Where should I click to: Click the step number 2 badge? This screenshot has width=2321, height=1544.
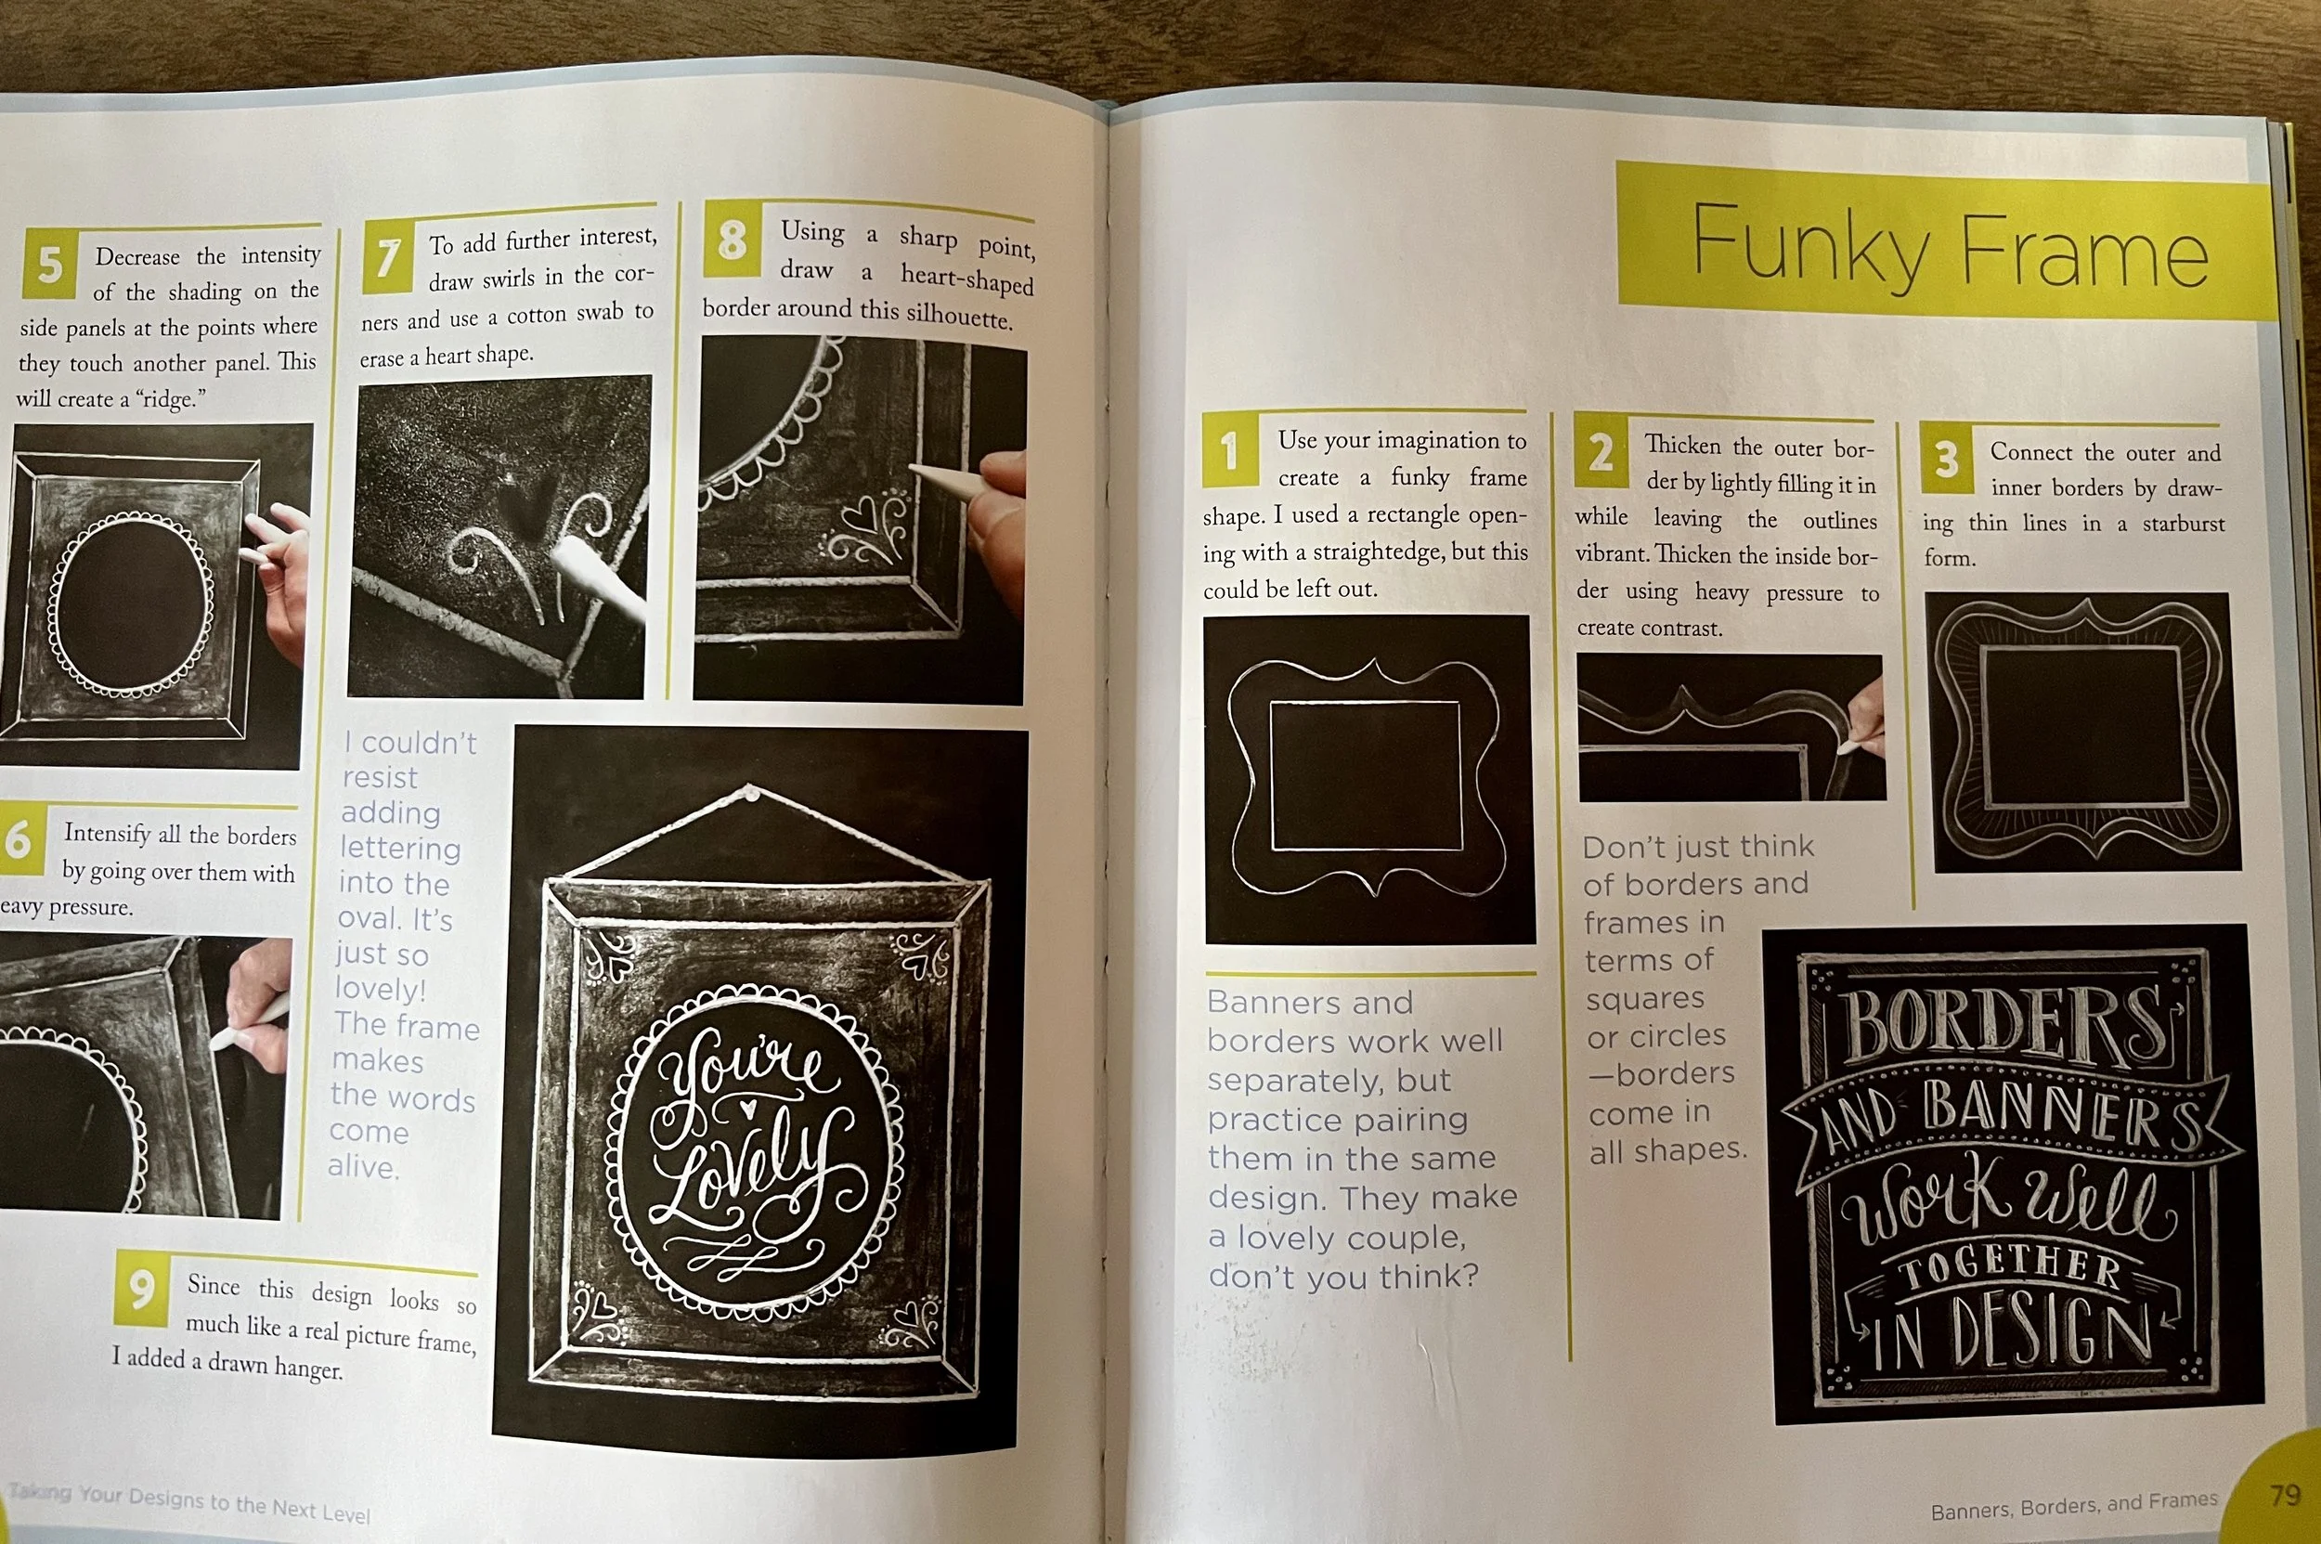pos(1601,452)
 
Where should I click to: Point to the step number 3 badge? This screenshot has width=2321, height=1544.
pos(1947,459)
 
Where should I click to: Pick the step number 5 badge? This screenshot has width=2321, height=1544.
pos(50,264)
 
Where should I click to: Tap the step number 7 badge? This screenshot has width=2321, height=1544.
pos(388,256)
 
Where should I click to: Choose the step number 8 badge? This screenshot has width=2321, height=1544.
pos(732,240)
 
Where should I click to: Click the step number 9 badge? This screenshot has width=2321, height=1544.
pos(143,1287)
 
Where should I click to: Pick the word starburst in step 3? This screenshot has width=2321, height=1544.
pos(2184,523)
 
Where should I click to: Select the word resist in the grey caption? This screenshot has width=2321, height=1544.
pos(380,778)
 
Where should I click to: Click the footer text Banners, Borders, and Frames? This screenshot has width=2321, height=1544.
pos(2074,1505)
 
